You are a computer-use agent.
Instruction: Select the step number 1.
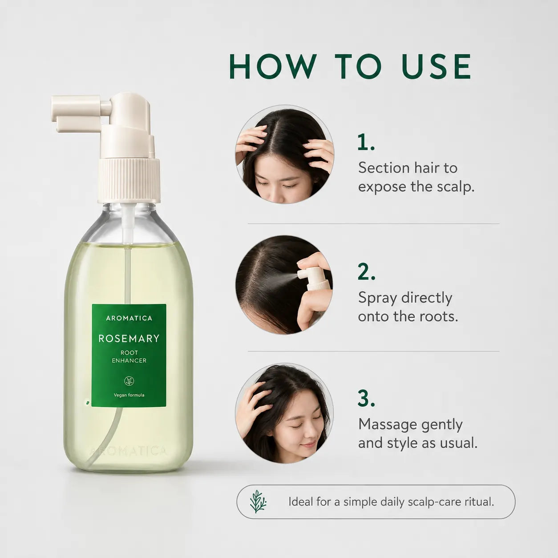(366, 142)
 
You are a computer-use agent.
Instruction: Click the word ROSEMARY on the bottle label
(129, 339)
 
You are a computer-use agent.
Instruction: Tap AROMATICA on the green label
(129, 318)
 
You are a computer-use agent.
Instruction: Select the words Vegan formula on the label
(129, 395)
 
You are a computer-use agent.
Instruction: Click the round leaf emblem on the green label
(129, 381)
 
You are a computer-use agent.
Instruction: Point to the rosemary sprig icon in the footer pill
(258, 501)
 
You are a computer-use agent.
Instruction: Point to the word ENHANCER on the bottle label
(129, 360)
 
